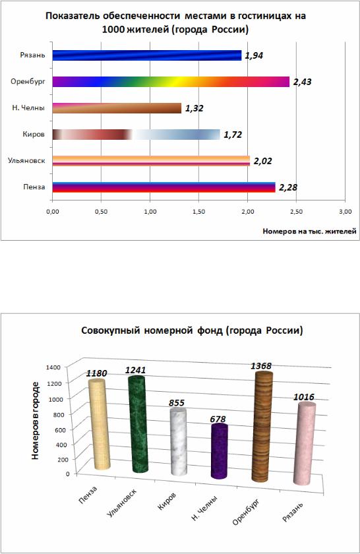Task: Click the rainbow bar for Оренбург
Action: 171,82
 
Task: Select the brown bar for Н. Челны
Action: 117,108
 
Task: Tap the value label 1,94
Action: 254,55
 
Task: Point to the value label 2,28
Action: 288,187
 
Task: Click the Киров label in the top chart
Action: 34,135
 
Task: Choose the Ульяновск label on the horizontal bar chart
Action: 26,161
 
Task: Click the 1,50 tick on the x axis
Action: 199,212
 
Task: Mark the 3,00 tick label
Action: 345,212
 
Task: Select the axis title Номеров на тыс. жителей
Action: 309,231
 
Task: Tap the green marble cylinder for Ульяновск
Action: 137,423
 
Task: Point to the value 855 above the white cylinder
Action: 177,403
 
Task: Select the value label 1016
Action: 304,397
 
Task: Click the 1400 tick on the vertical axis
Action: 53,367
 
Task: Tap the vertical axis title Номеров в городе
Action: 35,421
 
